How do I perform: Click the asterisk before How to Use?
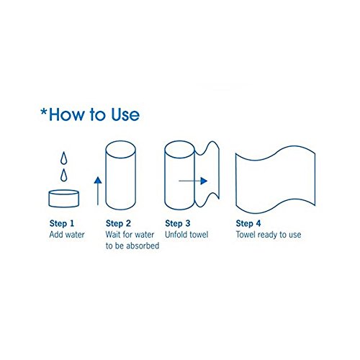pos(44,112)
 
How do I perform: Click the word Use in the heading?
pos(125,114)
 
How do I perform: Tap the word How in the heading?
pos(67,114)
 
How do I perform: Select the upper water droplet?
pos(63,158)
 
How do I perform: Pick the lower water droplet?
pos(63,175)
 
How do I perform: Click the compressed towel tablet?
pos(64,199)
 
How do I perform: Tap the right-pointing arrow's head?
pos(204,181)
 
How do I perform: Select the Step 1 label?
pos(62,223)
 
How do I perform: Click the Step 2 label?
pos(118,223)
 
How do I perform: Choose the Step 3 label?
pos(178,223)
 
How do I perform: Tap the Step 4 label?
pos(248,223)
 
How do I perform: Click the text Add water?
pos(67,235)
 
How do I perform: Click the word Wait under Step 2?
pos(113,235)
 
